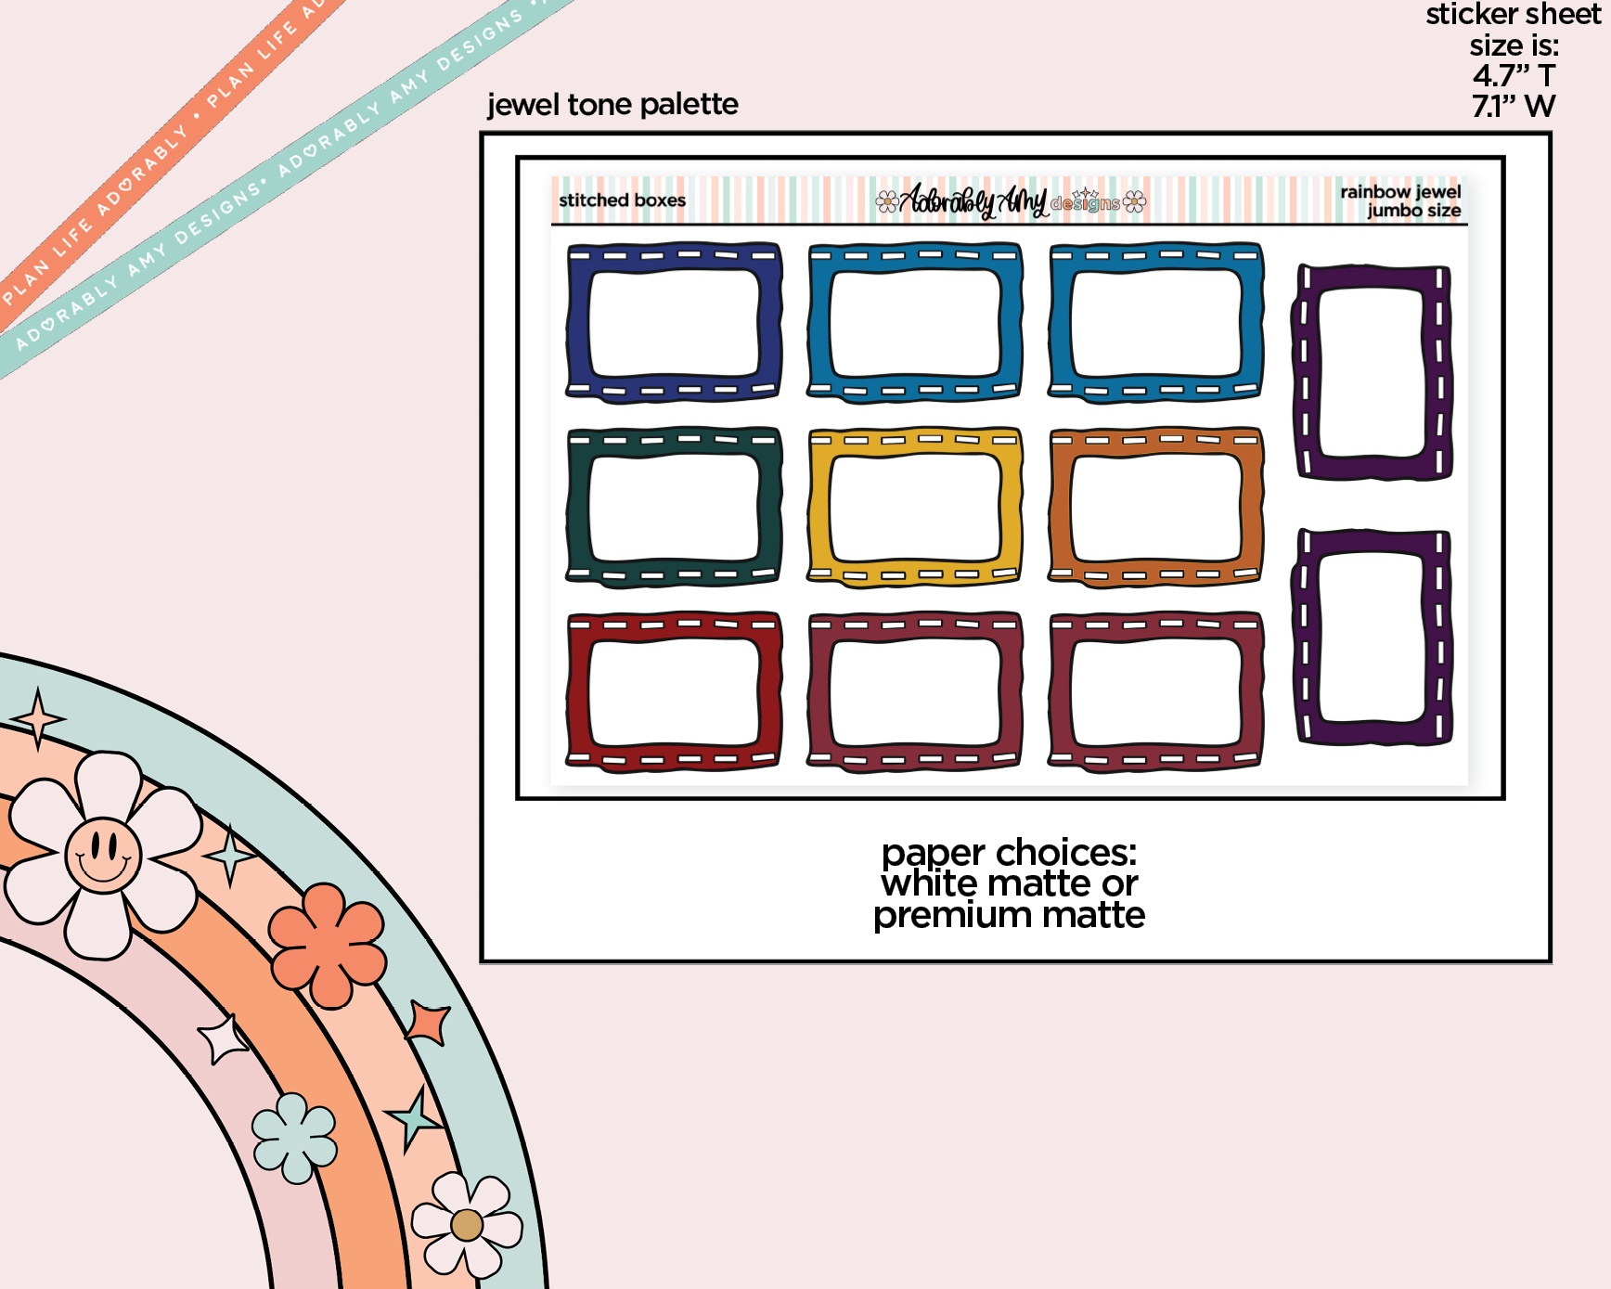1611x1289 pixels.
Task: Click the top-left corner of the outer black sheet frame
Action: coord(481,134)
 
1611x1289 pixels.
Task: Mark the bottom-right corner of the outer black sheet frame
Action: coord(1551,962)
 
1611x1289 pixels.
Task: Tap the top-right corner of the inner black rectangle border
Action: coord(1503,158)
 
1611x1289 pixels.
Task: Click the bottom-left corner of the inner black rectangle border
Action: coord(518,797)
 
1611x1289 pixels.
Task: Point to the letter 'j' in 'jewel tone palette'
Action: coord(492,106)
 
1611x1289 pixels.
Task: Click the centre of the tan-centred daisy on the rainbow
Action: coord(467,1225)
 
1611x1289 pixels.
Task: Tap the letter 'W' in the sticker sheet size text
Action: coord(1540,107)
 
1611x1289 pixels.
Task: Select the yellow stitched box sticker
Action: coord(915,507)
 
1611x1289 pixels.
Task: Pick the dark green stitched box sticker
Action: coord(674,507)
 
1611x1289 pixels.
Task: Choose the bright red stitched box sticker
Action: coord(674,691)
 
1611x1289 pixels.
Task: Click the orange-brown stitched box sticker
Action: coord(1155,507)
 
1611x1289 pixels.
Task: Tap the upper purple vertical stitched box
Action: coord(1372,372)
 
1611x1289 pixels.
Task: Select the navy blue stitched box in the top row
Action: coord(674,323)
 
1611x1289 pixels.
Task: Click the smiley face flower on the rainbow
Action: coord(103,855)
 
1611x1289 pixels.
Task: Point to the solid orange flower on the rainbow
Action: coord(327,946)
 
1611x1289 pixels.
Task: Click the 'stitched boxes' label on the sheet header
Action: coord(622,200)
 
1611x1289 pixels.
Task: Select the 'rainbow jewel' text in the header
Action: coord(1400,192)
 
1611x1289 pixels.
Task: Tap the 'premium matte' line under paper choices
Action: coord(1009,916)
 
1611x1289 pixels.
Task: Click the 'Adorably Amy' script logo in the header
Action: coord(973,200)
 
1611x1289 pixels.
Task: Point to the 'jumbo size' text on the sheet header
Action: coord(1414,212)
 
